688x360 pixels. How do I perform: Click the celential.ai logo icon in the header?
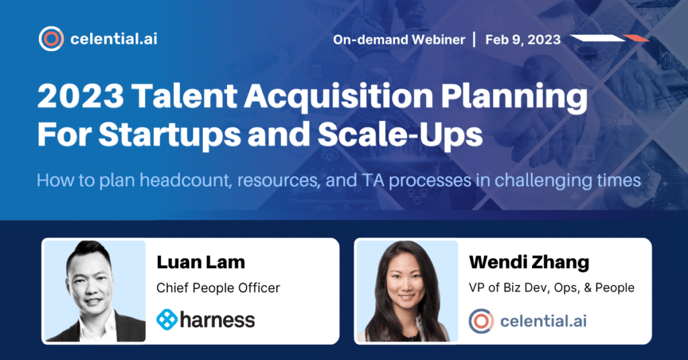(51, 38)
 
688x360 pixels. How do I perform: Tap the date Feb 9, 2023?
(523, 40)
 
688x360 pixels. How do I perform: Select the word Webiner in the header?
(438, 40)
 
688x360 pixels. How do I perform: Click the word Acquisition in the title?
(339, 96)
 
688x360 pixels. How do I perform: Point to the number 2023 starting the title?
(81, 96)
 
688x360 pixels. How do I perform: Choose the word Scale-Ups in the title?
(400, 134)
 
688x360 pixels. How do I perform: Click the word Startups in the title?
(169, 134)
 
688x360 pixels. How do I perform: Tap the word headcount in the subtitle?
(185, 181)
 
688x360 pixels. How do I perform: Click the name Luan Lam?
(200, 262)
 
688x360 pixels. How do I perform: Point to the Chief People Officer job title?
(218, 287)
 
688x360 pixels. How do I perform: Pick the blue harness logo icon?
(167, 319)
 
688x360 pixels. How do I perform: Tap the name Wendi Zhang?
(529, 262)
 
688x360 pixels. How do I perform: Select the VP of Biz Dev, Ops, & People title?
(552, 287)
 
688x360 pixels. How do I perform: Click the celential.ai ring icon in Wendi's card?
(481, 321)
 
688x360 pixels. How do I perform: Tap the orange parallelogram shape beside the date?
(636, 38)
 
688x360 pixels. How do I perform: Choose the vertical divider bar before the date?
(474, 40)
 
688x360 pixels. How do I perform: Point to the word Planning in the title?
(514, 97)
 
